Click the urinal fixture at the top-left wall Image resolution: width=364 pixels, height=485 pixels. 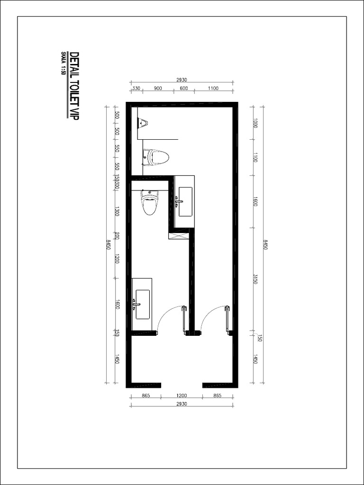(x=142, y=123)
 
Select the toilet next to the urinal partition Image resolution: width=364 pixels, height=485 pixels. (x=156, y=157)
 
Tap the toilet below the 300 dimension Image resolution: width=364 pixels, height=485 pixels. (x=150, y=203)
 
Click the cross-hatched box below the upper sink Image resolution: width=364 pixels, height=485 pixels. (x=179, y=234)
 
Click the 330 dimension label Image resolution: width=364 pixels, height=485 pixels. (x=136, y=89)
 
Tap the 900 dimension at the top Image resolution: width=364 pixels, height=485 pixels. (x=158, y=89)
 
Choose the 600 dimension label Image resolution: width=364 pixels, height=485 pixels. (x=184, y=89)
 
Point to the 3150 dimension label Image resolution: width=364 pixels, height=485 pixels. (x=255, y=279)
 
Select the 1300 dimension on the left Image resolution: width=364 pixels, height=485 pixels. (x=117, y=211)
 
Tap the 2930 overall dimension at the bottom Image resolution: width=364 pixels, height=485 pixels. (x=182, y=404)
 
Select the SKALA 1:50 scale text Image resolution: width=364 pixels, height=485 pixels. (x=63, y=63)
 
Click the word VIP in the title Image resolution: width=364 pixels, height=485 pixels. (x=73, y=114)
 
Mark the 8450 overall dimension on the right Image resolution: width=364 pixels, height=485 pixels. (x=265, y=245)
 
